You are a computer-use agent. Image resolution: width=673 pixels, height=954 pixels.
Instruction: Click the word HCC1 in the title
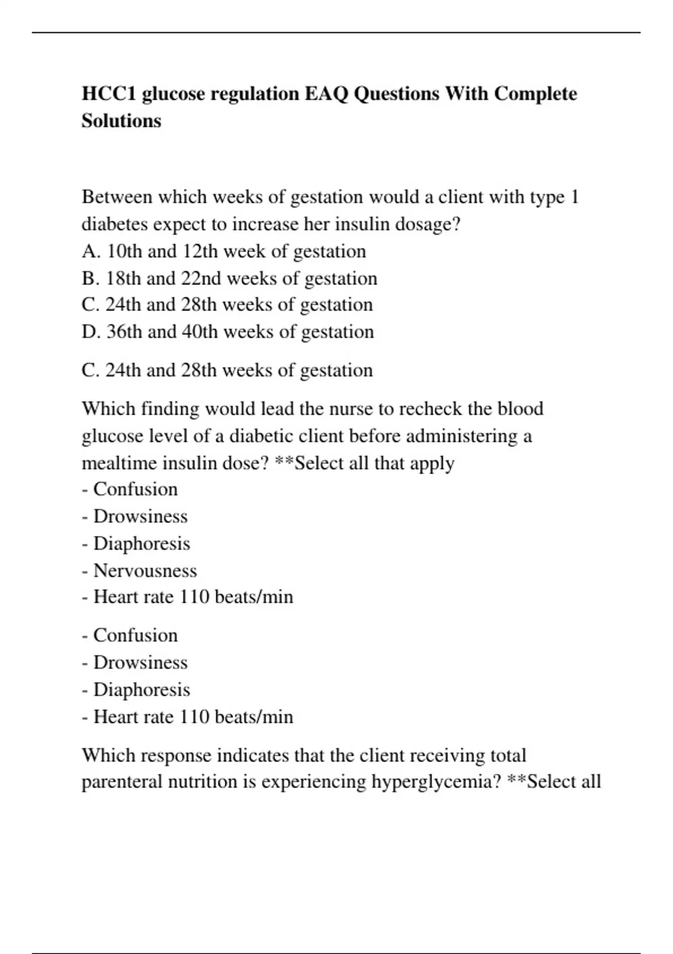(x=109, y=93)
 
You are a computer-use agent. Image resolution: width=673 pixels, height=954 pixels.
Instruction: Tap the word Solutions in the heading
(x=121, y=121)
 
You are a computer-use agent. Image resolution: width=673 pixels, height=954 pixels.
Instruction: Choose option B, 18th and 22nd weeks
(x=229, y=278)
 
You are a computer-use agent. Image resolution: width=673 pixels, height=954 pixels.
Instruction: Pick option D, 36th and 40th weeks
(x=227, y=332)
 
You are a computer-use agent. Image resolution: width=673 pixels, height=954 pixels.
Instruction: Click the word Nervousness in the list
(x=145, y=570)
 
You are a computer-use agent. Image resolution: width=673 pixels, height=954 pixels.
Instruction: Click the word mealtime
(x=120, y=463)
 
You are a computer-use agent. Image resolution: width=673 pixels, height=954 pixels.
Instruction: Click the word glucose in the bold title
(x=173, y=93)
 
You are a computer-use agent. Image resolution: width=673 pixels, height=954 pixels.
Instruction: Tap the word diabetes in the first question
(x=114, y=224)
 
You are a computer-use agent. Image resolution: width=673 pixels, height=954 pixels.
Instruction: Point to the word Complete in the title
(x=535, y=93)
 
